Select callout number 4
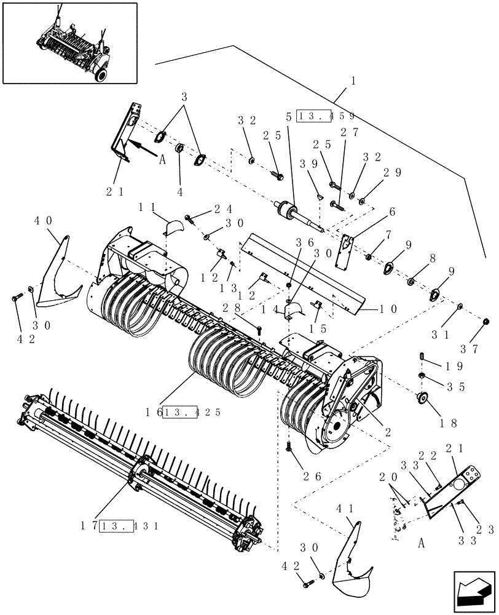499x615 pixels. coord(180,191)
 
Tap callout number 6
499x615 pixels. coord(391,212)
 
